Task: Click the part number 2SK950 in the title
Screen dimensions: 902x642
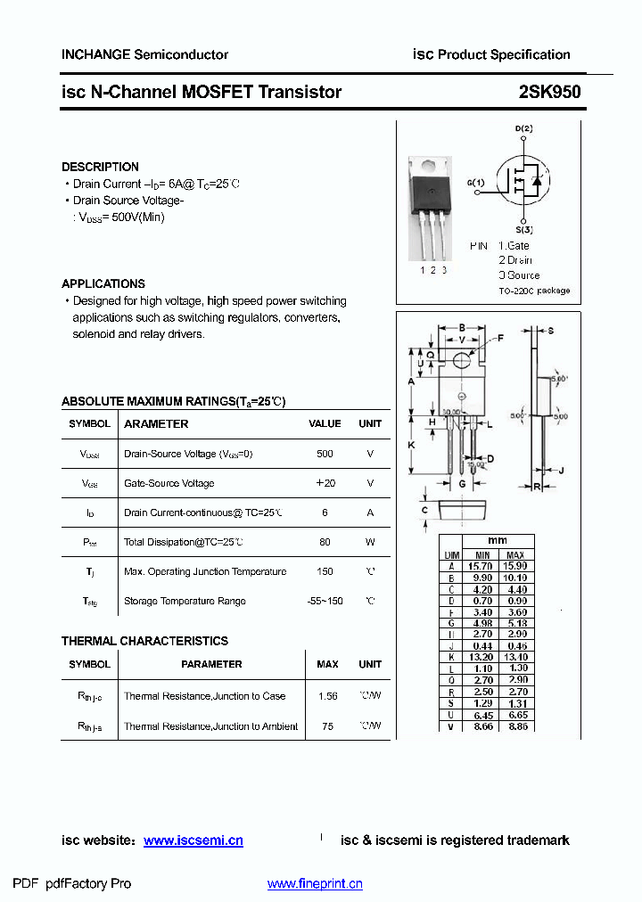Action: pyautogui.click(x=549, y=92)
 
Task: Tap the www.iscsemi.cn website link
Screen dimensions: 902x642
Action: pyautogui.click(x=193, y=840)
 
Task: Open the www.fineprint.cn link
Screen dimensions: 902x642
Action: pyautogui.click(x=315, y=884)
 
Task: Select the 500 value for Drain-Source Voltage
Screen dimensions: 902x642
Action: pyautogui.click(x=325, y=454)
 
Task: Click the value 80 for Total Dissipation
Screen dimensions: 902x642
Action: pyautogui.click(x=325, y=542)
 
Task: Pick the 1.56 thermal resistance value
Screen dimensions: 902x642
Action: pyautogui.click(x=327, y=696)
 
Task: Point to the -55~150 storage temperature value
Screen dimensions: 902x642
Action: pyautogui.click(x=325, y=601)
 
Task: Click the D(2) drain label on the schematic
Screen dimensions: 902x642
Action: pyautogui.click(x=524, y=129)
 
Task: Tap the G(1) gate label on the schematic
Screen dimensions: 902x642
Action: pyautogui.click(x=475, y=184)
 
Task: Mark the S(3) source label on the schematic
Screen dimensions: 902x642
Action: pyautogui.click(x=524, y=230)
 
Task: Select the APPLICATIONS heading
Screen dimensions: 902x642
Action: pyautogui.click(x=103, y=283)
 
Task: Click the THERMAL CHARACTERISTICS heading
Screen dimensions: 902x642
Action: pyautogui.click(x=144, y=641)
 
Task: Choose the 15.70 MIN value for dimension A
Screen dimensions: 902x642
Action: pyautogui.click(x=481, y=566)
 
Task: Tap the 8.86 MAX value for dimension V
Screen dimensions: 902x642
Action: pyautogui.click(x=515, y=726)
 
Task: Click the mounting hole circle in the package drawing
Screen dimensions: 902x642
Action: pyautogui.click(x=461, y=360)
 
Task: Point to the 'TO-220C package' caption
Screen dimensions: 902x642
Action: pyautogui.click(x=533, y=291)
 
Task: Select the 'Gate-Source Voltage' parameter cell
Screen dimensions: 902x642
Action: pyautogui.click(x=169, y=483)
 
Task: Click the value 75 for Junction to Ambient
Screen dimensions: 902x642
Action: pyautogui.click(x=327, y=726)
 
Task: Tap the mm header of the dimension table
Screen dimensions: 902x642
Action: pyautogui.click(x=497, y=541)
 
